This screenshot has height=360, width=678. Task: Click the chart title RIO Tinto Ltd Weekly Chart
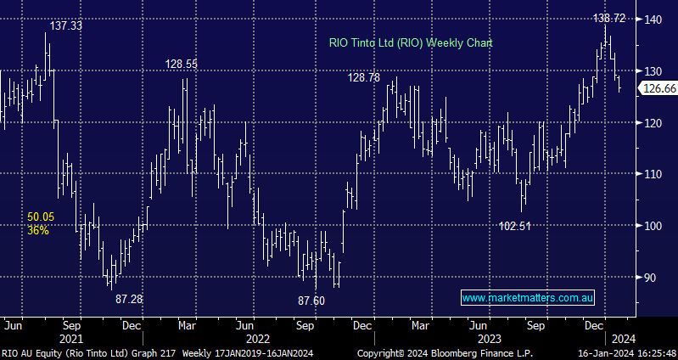click(x=411, y=42)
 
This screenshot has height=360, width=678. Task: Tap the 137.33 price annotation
click(x=66, y=26)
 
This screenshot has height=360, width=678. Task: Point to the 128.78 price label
click(x=364, y=77)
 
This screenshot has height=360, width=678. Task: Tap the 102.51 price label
click(x=516, y=226)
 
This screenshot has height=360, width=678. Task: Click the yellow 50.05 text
click(x=40, y=217)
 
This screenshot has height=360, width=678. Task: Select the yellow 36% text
click(x=37, y=229)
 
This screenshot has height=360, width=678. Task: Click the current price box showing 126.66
click(x=658, y=88)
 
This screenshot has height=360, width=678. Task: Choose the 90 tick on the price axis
click(x=650, y=278)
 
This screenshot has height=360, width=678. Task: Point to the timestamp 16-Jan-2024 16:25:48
click(x=625, y=352)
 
